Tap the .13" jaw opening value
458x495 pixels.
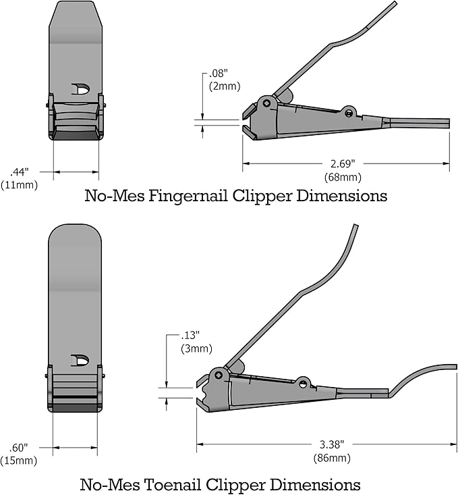tap(192, 336)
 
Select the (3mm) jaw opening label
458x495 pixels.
tap(196, 348)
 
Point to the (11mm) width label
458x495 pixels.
tap(20, 184)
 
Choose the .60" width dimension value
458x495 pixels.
tap(20, 447)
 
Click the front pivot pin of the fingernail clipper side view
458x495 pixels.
tap(267, 103)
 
